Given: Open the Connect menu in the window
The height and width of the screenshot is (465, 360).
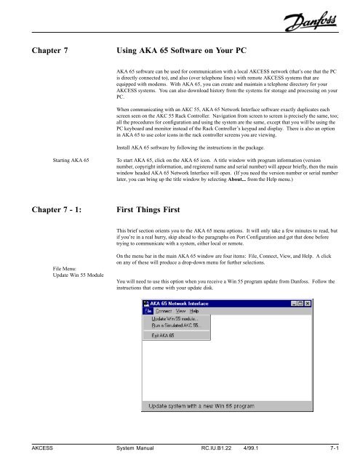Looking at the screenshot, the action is [164, 310].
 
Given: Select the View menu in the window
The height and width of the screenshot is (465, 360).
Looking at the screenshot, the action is [182, 310].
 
